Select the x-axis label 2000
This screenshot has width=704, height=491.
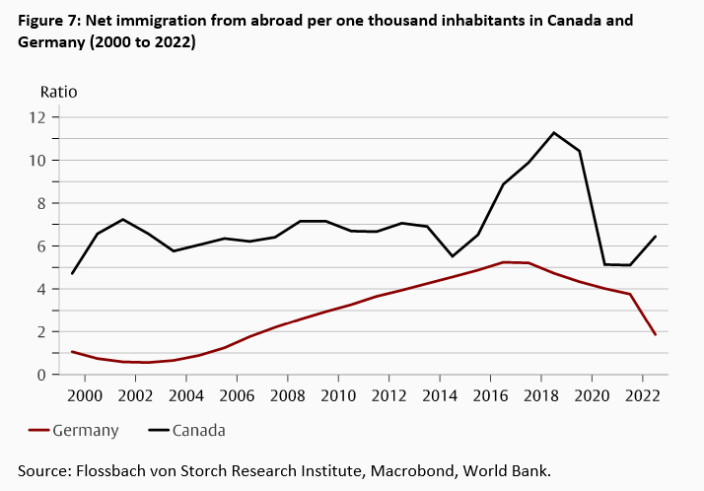(85, 396)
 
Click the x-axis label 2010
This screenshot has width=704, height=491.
(337, 396)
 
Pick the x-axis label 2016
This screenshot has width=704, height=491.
(489, 396)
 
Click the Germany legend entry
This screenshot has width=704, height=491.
(86, 430)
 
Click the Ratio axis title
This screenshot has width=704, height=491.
(58, 92)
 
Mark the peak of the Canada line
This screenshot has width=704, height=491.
(554, 132)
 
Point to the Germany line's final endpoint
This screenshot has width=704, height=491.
(656, 335)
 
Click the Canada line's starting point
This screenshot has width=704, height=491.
(73, 273)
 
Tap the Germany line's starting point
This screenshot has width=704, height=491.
(73, 351)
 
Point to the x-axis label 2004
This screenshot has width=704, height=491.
(185, 396)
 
